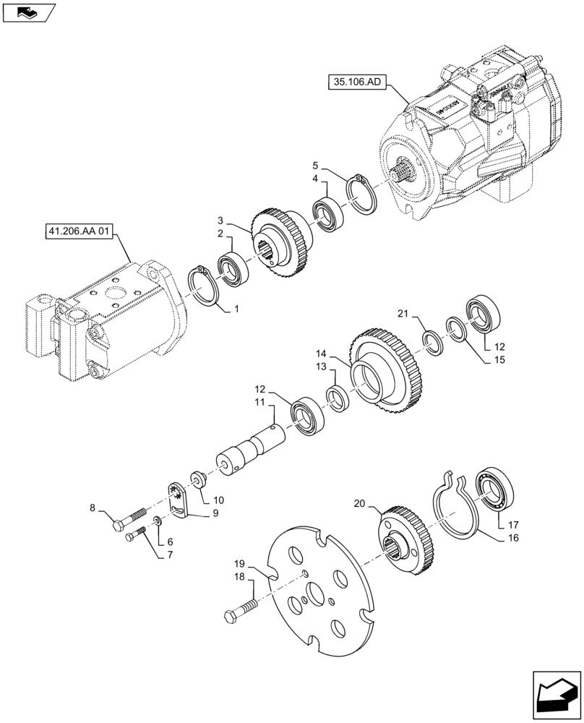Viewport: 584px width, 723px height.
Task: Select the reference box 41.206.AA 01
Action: [x=79, y=232]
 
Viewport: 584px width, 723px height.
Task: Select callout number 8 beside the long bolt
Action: [x=93, y=509]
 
